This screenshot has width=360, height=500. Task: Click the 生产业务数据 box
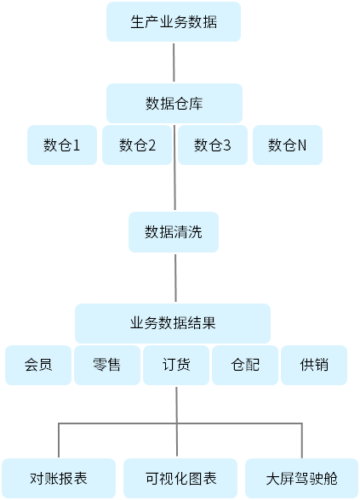click(x=174, y=22)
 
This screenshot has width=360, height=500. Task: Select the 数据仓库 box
click(x=174, y=104)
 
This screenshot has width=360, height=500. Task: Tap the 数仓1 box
click(x=62, y=145)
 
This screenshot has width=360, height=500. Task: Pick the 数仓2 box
click(x=137, y=145)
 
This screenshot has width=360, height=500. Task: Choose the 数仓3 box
click(x=213, y=145)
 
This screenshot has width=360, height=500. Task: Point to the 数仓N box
click(x=288, y=145)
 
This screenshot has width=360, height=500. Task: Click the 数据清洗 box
click(x=174, y=232)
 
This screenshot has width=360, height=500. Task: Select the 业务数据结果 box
click(x=173, y=323)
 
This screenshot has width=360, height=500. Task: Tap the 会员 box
click(x=38, y=365)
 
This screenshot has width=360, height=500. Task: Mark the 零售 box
click(x=107, y=365)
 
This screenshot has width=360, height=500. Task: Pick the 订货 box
click(x=176, y=365)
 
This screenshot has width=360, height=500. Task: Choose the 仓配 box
click(x=245, y=365)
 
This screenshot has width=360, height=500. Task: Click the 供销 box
click(x=314, y=365)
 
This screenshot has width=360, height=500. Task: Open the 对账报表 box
click(x=59, y=478)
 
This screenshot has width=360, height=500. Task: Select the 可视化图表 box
click(x=180, y=478)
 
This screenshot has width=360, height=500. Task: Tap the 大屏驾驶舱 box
click(x=301, y=478)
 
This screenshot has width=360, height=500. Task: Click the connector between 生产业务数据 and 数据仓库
click(x=174, y=63)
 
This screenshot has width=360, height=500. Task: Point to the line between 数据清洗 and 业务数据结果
click(x=175, y=278)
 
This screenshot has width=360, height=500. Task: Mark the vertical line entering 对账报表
click(x=59, y=440)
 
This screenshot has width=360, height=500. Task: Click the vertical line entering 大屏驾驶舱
click(x=302, y=440)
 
